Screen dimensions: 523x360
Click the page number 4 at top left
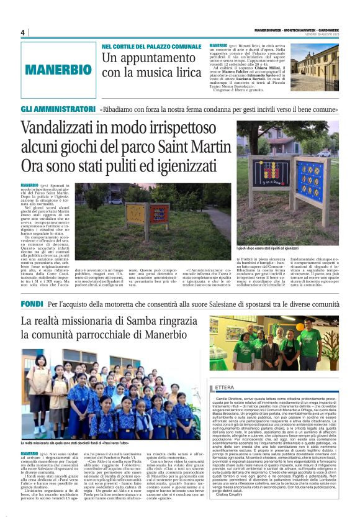[22, 32]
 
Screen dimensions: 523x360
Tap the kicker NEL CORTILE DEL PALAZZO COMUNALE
[151, 47]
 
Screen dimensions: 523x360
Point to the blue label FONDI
[32, 305]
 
